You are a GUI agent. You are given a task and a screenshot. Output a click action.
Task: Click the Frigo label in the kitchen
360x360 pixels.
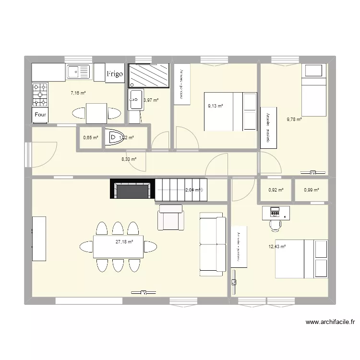pyautogui.click(x=115, y=74)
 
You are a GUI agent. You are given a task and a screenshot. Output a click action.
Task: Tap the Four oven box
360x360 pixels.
pyautogui.click(x=41, y=115)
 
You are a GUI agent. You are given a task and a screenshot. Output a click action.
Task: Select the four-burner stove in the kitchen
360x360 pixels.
pyautogui.click(x=40, y=95)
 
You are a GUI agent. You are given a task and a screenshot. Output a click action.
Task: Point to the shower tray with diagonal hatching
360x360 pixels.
pyautogui.click(x=149, y=76)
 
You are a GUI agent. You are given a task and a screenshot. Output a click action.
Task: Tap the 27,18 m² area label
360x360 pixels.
pyautogui.click(x=124, y=242)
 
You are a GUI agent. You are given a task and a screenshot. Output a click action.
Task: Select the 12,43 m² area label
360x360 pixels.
pyautogui.click(x=277, y=247)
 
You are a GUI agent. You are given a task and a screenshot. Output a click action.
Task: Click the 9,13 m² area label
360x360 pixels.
pyautogui.click(x=215, y=106)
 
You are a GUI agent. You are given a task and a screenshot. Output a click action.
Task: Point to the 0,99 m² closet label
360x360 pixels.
pyautogui.click(x=312, y=190)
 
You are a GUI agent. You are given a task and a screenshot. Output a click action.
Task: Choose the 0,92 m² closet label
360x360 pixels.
pyautogui.click(x=276, y=190)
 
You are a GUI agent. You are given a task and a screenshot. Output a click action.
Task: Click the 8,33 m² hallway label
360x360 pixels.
pyautogui.click(x=128, y=159)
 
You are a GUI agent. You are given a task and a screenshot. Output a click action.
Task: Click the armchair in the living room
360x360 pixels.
pyautogui.click(x=171, y=217)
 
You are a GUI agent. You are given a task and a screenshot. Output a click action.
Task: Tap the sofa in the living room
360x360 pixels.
pyautogui.click(x=213, y=246)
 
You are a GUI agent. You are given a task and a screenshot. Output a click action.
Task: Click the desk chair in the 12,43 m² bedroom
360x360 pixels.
pyautogui.click(x=275, y=224)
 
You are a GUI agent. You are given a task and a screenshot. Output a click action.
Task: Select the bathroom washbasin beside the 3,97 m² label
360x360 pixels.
pyautogui.click(x=135, y=100)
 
